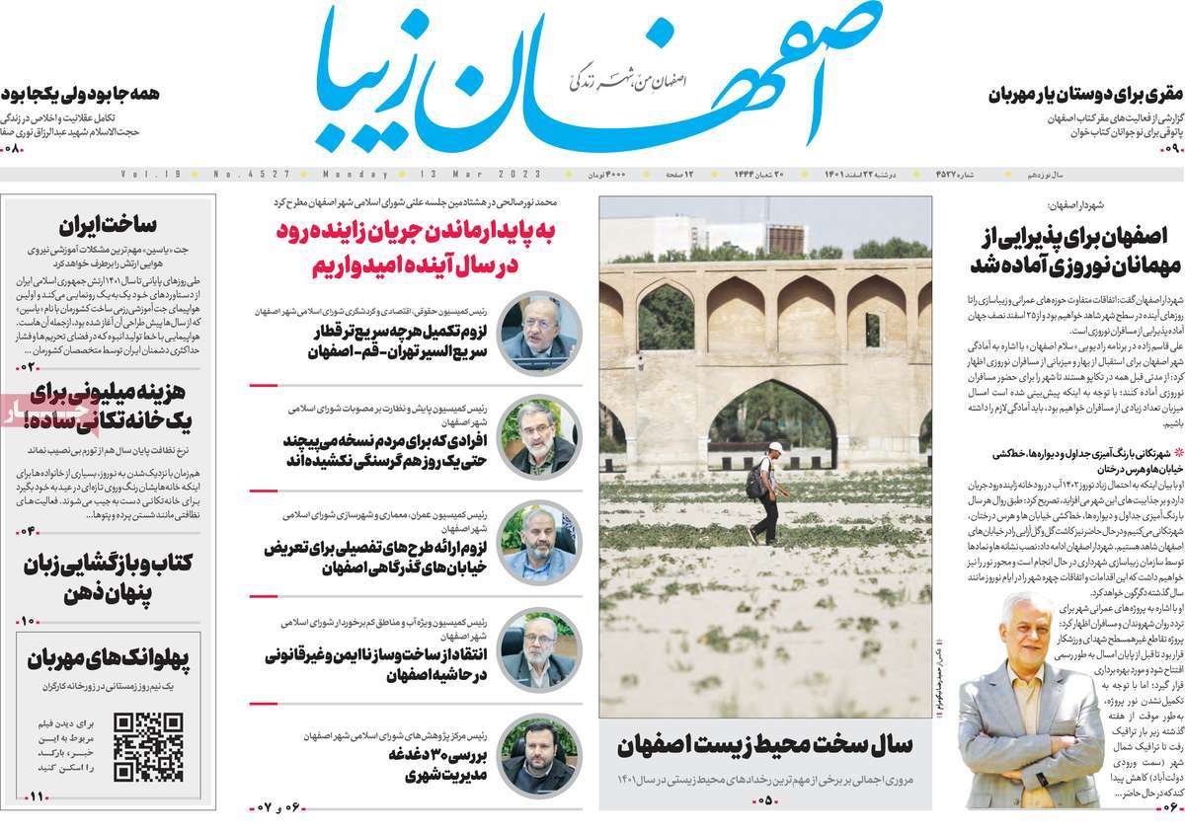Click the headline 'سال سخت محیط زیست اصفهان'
765,745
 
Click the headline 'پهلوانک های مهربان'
108,658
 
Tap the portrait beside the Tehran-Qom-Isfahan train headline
540,332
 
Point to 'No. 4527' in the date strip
252,175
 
